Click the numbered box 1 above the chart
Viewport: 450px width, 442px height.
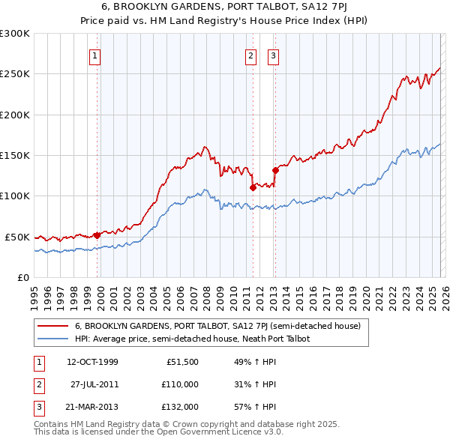(97, 55)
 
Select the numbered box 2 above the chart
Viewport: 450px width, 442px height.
(250, 55)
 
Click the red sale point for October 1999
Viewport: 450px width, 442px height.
(97, 235)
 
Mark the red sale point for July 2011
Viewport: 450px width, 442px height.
(253, 187)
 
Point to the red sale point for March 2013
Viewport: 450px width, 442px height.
(275, 170)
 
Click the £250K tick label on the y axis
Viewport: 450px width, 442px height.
(15, 74)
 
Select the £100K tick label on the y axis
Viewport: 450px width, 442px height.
(15, 196)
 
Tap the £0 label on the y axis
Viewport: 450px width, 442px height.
(23, 277)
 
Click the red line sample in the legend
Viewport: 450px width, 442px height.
(53, 326)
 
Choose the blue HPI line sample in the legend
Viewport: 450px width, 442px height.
(53, 339)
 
